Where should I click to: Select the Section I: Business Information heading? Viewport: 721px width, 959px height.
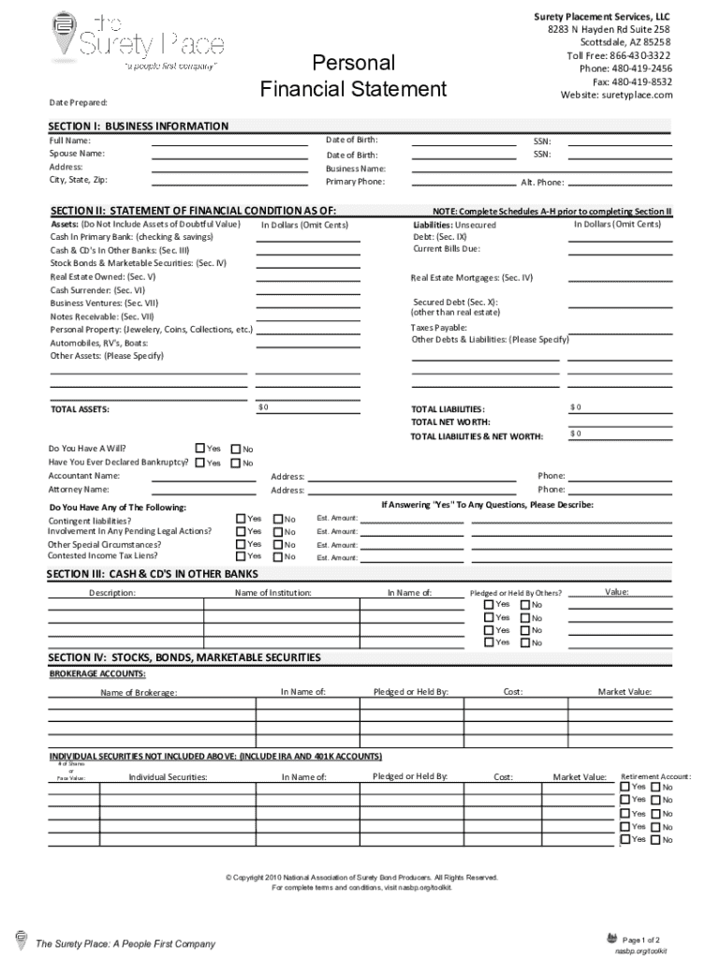139,125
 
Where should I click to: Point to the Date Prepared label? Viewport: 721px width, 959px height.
78,101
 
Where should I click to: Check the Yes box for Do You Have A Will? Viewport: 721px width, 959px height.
200,448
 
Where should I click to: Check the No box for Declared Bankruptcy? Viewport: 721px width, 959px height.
236,463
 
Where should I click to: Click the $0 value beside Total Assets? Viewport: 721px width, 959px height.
263,407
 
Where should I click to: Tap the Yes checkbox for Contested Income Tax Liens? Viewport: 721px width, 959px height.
242,555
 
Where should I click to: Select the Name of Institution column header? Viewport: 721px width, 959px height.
273,593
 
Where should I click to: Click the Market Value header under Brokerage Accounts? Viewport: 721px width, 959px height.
625,691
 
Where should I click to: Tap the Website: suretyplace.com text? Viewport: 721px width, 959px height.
616,95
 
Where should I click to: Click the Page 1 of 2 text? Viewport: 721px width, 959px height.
641,939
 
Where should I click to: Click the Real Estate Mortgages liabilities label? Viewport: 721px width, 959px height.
471,277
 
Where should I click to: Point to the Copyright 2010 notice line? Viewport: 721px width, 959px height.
361,878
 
